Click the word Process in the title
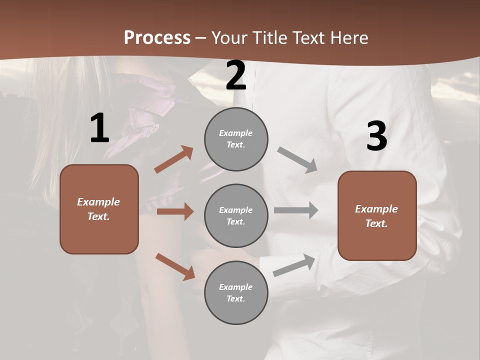(x=157, y=38)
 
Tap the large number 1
(x=99, y=129)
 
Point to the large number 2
(x=236, y=76)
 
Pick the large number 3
(x=376, y=136)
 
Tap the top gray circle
(x=236, y=139)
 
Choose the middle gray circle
(x=236, y=216)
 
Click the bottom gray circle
(x=236, y=292)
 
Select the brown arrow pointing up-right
(x=174, y=159)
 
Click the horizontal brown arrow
(x=175, y=211)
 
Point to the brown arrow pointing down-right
(x=175, y=266)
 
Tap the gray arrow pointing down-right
(x=297, y=160)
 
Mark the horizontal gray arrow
(x=296, y=210)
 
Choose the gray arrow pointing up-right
(x=294, y=265)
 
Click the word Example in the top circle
(x=235, y=133)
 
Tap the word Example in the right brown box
(x=376, y=209)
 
